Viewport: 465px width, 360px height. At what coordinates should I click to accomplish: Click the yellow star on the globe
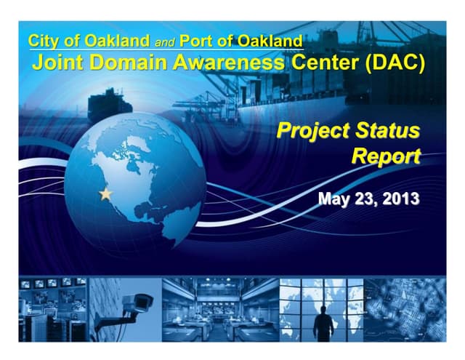[106, 194]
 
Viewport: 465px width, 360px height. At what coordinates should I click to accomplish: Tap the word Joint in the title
[56, 63]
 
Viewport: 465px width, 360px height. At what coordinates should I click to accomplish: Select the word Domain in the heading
[128, 63]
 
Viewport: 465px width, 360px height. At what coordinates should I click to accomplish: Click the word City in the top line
[44, 41]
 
